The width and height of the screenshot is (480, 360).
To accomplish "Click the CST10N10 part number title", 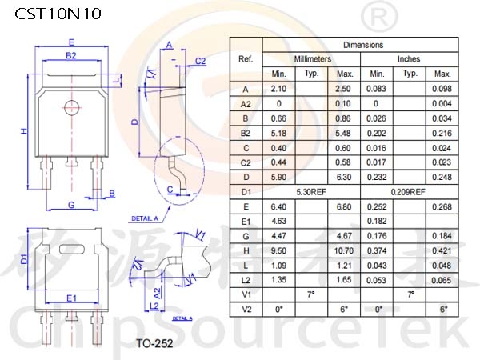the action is click(x=58, y=14).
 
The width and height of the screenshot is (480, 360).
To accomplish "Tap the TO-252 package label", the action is click(x=154, y=343).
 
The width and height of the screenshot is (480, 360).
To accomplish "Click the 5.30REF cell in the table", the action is click(x=311, y=192).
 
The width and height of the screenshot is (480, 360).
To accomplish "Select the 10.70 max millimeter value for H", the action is click(x=344, y=251).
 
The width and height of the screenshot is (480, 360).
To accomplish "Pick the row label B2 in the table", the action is click(x=246, y=134).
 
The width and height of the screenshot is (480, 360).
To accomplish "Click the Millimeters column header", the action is click(x=313, y=58).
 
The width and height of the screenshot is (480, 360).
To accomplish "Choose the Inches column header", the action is click(x=409, y=58).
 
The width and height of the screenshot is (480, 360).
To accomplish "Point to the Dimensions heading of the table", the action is click(x=363, y=45).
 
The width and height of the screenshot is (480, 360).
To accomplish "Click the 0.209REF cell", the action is click(x=408, y=192).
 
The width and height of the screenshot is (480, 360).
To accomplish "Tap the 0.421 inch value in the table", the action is click(x=442, y=251).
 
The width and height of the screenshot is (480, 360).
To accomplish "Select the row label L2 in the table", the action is click(x=246, y=281).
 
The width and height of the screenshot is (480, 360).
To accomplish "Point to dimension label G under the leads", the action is click(x=71, y=205).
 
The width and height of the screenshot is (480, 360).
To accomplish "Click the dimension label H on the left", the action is click(x=24, y=131).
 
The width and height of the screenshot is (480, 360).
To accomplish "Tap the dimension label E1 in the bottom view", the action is click(x=72, y=298).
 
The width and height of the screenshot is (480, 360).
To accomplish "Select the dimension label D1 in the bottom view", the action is click(x=24, y=259).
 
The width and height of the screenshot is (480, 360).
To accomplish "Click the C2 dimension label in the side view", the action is click(x=201, y=62).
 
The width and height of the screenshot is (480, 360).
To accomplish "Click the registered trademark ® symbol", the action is click(x=379, y=17).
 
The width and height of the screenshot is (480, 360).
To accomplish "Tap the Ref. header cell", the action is click(x=246, y=58).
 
